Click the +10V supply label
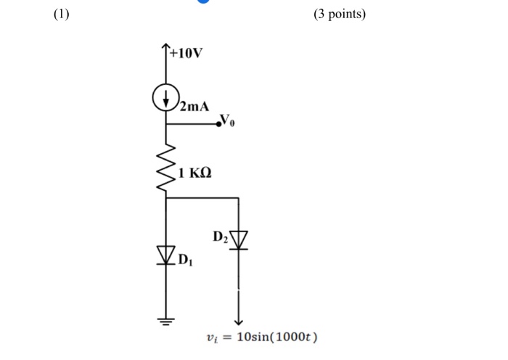click(187, 54)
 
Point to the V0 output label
click(229, 120)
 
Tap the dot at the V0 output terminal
click(218, 125)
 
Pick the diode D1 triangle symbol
click(166, 254)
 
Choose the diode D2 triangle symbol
click(238, 239)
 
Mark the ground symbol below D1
click(166, 321)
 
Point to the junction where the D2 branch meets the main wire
click(166, 197)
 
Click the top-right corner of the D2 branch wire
click(238, 197)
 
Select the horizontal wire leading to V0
click(192, 125)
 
